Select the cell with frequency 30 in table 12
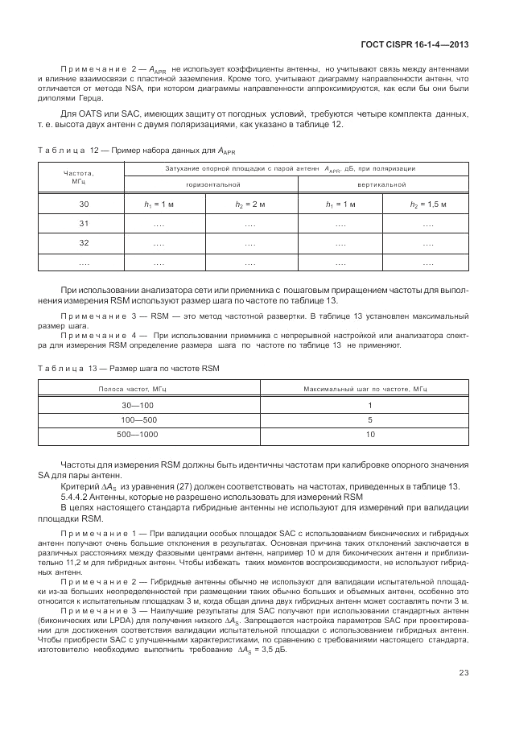[83, 205]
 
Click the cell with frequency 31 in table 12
[83, 224]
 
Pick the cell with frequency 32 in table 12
[83, 242]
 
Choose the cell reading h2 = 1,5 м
[427, 205]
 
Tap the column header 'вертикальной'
[383, 185]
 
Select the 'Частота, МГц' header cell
[78, 176]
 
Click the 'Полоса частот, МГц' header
[132, 389]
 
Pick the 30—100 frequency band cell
[132, 405]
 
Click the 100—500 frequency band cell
[132, 420]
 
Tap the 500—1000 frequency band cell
[132, 435]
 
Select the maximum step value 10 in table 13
[370, 435]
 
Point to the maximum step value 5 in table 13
[370, 420]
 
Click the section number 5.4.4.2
[78, 498]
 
